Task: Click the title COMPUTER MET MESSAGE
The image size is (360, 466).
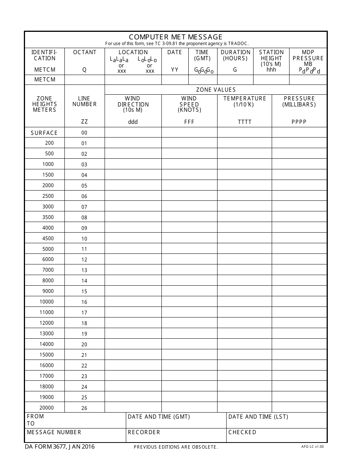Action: tap(175, 37)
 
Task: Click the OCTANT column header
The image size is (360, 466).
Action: tap(85, 52)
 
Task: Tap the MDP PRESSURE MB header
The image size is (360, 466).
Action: tap(308, 58)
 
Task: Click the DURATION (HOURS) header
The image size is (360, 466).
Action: tap(235, 55)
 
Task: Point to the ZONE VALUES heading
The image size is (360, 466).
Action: tap(216, 90)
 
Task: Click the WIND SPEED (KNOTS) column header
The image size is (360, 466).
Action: tap(189, 104)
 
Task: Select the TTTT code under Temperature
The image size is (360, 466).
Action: tap(244, 122)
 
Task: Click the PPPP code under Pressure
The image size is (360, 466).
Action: tap(299, 122)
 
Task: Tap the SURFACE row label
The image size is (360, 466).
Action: tap(44, 133)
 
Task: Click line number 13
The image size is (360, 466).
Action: tap(84, 270)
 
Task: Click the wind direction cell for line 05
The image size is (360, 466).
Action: tap(133, 185)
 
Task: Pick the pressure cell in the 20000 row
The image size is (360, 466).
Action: tap(299, 408)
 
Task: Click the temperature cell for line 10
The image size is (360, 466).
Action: tap(244, 238)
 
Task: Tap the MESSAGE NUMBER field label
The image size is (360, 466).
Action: tap(54, 432)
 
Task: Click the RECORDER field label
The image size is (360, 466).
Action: tap(144, 432)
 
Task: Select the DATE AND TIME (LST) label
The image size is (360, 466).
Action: tap(258, 417)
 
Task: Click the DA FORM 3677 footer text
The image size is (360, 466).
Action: tap(60, 447)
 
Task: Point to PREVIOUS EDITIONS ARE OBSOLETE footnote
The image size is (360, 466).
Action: tap(176, 447)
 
